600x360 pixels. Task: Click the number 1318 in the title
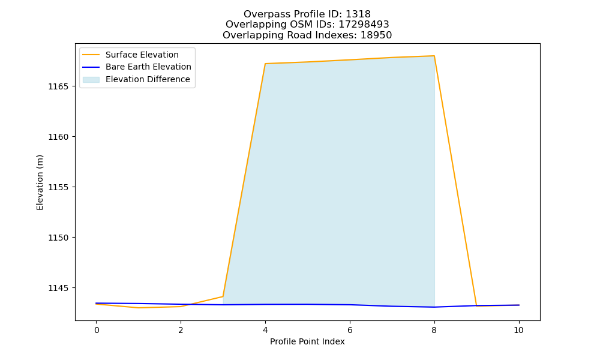[358, 14]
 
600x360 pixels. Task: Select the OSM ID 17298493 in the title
[364, 25]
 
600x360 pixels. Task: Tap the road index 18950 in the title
[376, 35]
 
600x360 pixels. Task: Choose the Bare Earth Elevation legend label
[148, 67]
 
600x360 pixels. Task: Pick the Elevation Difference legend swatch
[91, 80]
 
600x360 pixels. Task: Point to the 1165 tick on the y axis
[59, 86]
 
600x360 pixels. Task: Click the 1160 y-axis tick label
[59, 137]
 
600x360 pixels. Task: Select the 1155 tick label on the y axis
[59, 187]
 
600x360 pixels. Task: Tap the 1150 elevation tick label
[59, 238]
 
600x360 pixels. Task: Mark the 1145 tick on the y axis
[59, 288]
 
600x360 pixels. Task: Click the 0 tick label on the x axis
[97, 330]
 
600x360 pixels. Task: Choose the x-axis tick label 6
[350, 330]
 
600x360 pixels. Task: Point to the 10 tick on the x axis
[518, 330]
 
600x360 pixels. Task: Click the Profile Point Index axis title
[307, 341]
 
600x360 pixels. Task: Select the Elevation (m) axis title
[40, 182]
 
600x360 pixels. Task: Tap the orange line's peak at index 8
[434, 56]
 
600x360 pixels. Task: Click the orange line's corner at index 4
[265, 64]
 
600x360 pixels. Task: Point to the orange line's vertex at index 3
[223, 296]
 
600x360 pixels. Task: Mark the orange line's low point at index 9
[476, 306]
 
